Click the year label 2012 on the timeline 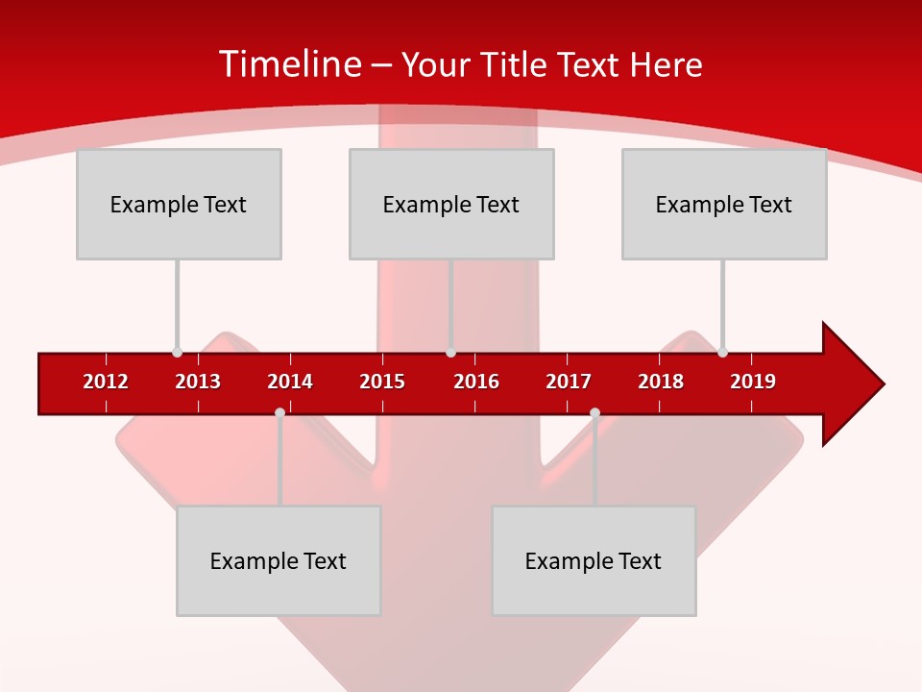(106, 382)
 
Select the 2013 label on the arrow (198, 382)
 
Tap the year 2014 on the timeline (290, 382)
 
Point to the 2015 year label (382, 382)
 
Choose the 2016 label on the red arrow (476, 382)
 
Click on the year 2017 (569, 382)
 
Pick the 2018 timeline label (661, 382)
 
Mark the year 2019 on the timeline (753, 382)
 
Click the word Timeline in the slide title (288, 64)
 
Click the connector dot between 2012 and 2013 (177, 352)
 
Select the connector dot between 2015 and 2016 (450, 352)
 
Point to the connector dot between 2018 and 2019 (722, 352)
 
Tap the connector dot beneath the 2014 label (279, 413)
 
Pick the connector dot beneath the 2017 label (594, 413)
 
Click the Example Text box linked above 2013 (179, 205)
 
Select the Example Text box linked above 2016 (451, 205)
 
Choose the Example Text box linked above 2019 (724, 205)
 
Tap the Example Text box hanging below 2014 (279, 561)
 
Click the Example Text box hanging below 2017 (594, 561)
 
